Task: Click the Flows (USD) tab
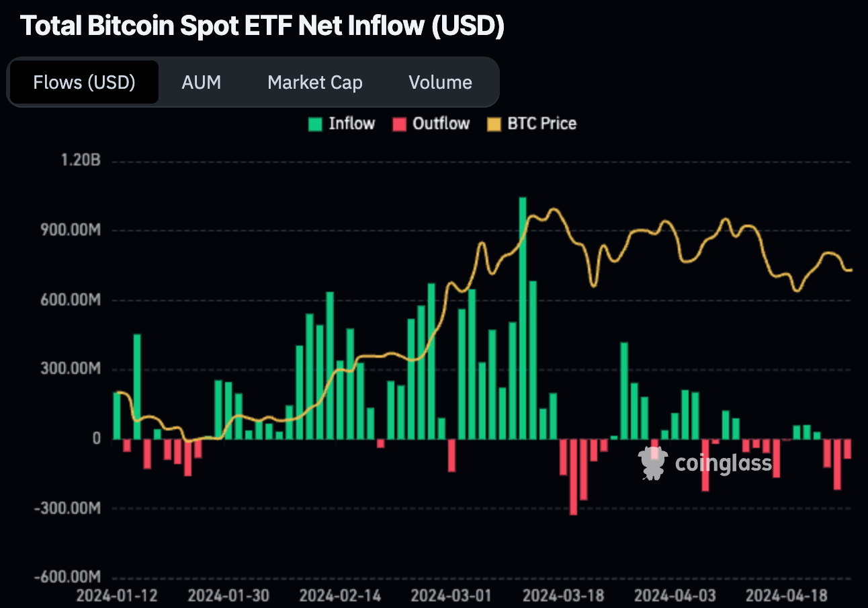pos(84,83)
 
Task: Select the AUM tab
pos(201,83)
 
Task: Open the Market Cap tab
pos(314,83)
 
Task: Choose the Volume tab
pos(440,83)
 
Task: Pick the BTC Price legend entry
pos(531,124)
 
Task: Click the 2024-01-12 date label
pos(117,596)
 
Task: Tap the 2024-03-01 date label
pos(450,596)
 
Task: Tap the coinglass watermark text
pos(723,463)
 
